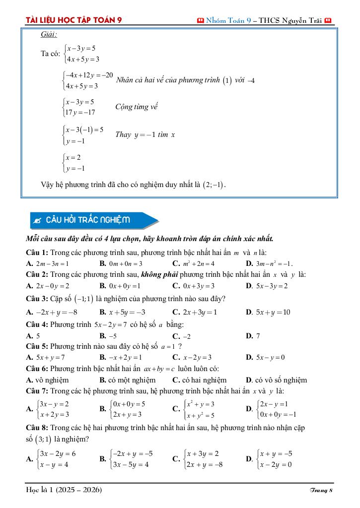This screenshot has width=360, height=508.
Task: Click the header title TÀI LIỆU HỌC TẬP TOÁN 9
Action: click(74, 20)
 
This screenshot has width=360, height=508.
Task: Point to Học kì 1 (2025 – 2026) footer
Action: click(64, 490)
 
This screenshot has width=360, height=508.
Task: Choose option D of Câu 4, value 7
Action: click(258, 336)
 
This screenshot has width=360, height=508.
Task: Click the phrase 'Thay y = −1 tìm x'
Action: click(145, 134)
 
